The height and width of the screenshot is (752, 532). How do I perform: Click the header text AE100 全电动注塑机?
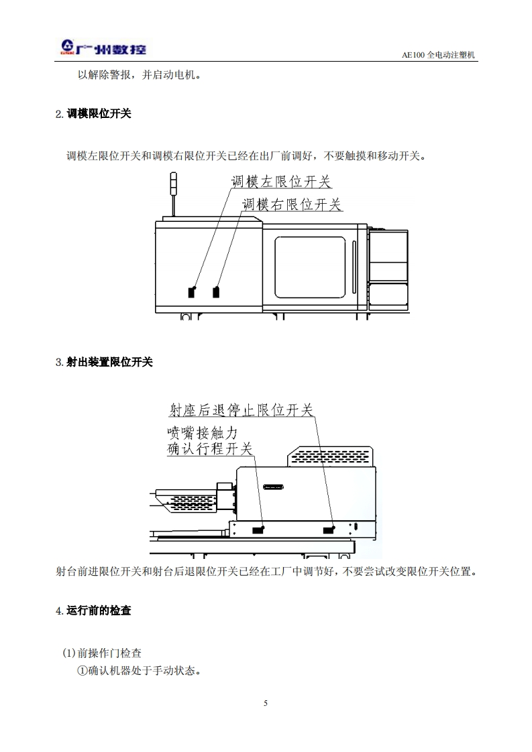point(438,55)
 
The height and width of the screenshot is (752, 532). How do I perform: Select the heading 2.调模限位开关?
point(93,114)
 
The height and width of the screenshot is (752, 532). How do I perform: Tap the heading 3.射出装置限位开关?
point(104,362)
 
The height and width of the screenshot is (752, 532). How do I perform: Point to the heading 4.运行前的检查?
point(93,611)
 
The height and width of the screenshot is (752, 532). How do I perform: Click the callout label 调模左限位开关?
point(281,181)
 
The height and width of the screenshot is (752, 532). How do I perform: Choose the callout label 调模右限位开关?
point(292,204)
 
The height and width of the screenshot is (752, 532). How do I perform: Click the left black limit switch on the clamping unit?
point(192,292)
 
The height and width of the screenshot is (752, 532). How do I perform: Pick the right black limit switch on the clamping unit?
point(216,292)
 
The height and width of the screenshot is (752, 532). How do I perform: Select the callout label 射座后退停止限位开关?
point(241,409)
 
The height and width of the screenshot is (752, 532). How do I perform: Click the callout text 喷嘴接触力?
point(202,432)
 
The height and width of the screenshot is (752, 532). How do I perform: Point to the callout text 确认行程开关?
point(209,448)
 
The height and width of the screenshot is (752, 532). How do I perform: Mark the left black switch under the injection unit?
point(257,530)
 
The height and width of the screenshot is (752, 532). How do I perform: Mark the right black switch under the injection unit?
point(329,530)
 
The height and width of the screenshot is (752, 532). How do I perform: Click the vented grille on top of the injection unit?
point(329,456)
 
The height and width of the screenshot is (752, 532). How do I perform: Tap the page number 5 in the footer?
point(266,703)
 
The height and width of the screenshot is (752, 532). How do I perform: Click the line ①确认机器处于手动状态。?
point(139,670)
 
